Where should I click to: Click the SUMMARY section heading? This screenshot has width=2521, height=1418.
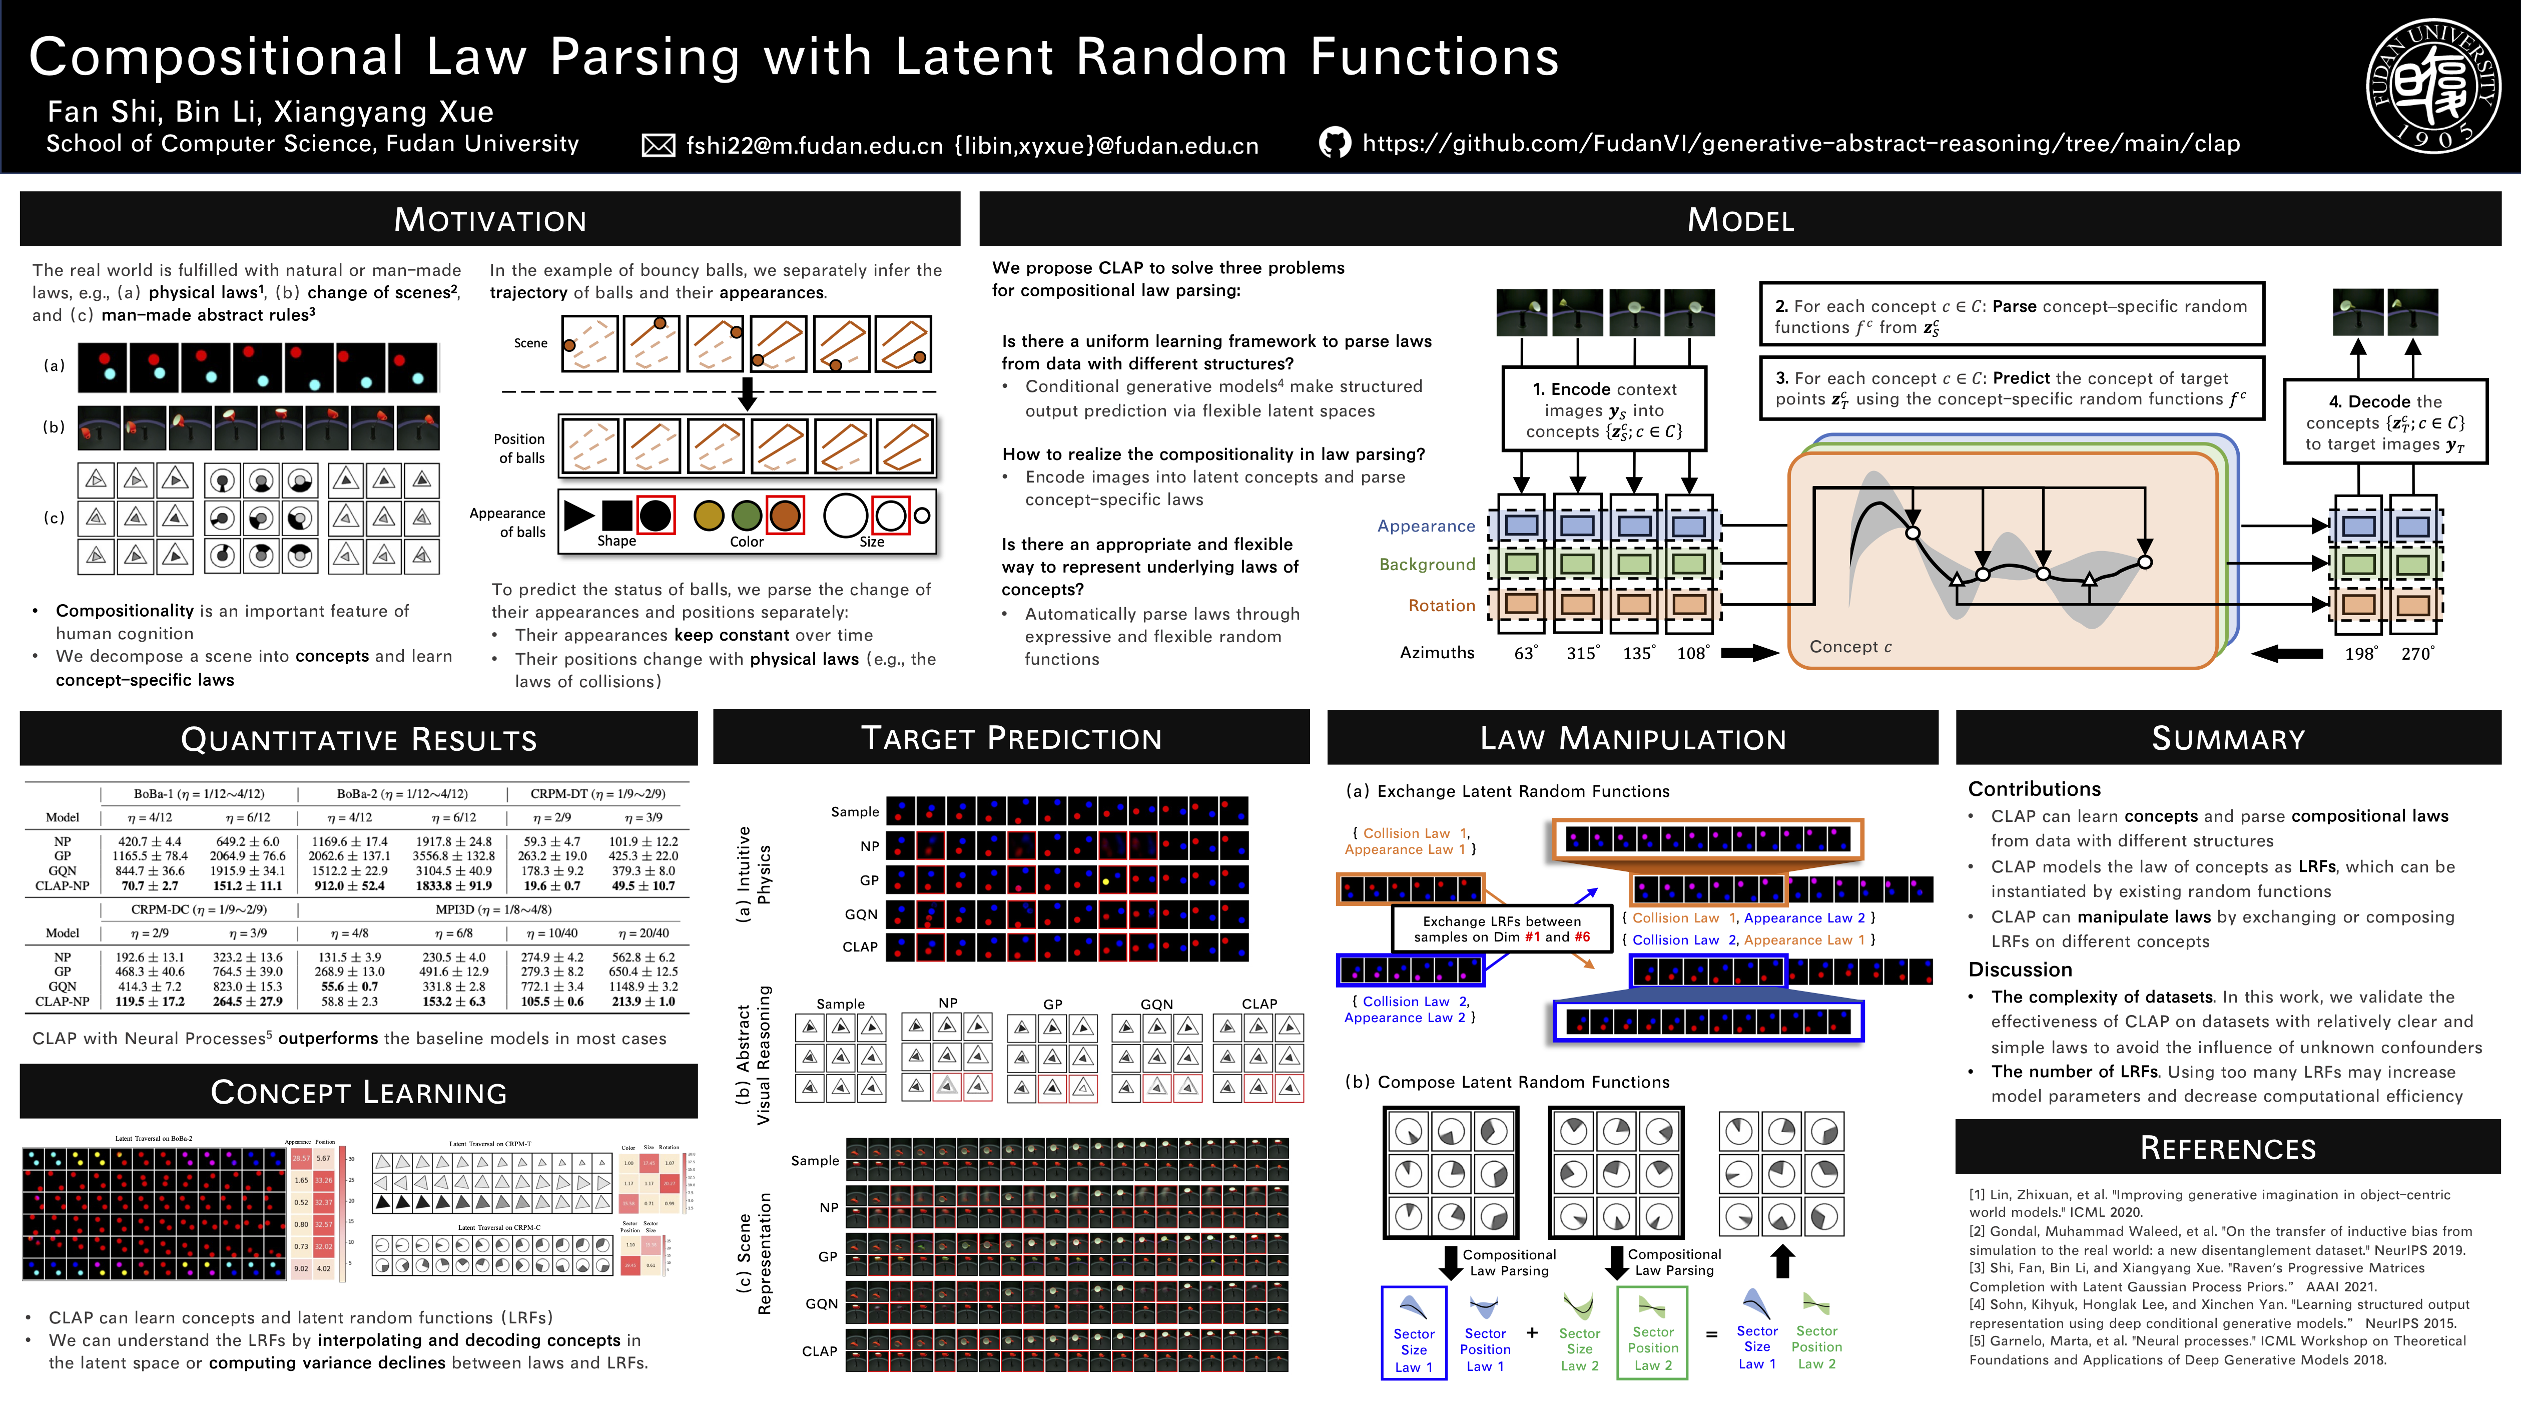(2227, 738)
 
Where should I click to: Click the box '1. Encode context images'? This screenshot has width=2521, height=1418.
(1603, 409)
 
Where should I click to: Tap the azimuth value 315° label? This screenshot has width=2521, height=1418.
(1581, 653)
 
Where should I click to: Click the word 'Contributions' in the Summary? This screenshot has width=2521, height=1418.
(2034, 789)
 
